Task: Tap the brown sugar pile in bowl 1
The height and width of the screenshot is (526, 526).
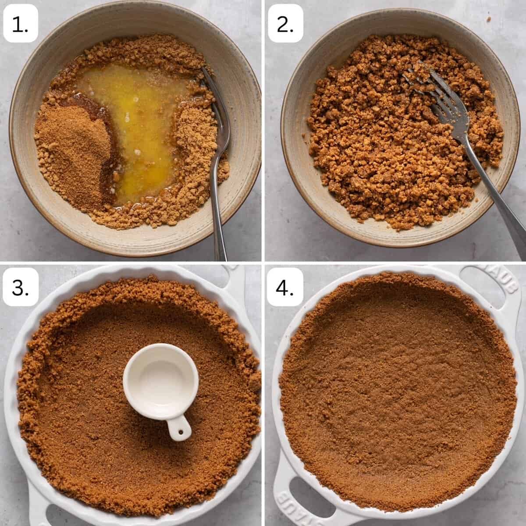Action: tap(74, 153)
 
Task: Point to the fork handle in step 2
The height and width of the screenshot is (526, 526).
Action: tap(491, 191)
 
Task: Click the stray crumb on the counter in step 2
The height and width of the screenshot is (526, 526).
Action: tap(489, 19)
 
